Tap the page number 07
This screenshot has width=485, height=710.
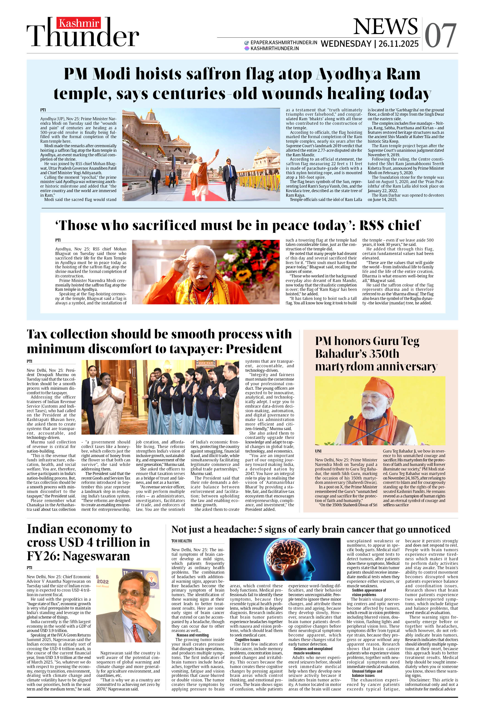click(x=440, y=36)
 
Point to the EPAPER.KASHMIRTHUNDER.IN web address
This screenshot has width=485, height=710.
click(x=284, y=42)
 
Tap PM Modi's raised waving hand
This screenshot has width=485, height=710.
click(x=217, y=152)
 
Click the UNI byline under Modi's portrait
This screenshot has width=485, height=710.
click(x=318, y=451)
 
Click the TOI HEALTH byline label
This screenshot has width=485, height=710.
click(x=181, y=541)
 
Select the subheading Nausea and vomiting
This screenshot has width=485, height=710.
click(x=193, y=635)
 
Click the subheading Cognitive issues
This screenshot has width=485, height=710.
click(x=247, y=639)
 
